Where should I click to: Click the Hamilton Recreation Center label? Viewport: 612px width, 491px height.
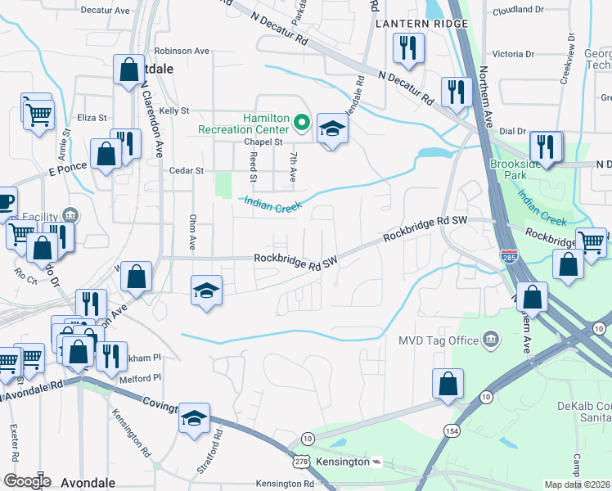coord(243,124)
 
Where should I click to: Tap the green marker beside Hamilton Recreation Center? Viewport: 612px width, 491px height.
coord(301,124)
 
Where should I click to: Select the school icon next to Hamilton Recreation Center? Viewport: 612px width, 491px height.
coord(331,129)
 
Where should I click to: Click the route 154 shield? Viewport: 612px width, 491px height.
coord(451,430)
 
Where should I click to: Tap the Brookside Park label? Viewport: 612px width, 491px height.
coord(512,169)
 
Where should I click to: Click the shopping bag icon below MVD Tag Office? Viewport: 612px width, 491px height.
coord(448,384)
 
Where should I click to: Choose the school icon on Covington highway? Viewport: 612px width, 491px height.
coord(194,418)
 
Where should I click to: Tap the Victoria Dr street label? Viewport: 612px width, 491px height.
coord(513,54)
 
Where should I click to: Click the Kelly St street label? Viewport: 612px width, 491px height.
coord(174,110)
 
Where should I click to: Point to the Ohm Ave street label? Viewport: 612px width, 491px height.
coord(194,232)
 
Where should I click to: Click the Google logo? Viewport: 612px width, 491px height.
coord(26,481)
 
